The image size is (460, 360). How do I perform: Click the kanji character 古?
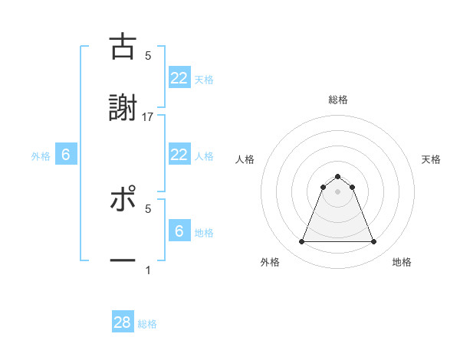(123, 47)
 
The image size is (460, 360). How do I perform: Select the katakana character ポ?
(123, 201)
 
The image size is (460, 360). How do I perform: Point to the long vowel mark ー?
(123, 260)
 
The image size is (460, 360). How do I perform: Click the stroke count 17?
(148, 116)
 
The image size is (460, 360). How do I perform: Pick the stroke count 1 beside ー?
(148, 270)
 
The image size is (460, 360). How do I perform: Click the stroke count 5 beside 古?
(148, 55)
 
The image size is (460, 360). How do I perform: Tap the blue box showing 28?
(123, 322)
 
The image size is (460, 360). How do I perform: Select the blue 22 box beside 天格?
(179, 77)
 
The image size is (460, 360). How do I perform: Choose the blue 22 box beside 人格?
(179, 155)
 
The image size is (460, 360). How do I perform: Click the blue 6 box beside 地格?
(179, 231)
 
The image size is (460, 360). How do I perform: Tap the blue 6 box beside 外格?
(66, 155)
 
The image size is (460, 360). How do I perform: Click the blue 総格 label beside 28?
(147, 324)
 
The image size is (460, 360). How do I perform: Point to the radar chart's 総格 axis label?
(337, 100)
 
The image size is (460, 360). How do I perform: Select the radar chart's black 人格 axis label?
(245, 159)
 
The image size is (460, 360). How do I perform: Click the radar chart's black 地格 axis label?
(402, 262)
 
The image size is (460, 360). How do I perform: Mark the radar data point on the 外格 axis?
(301, 242)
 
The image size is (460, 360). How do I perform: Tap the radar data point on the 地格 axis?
(374, 242)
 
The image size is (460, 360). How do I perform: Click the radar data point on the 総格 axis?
(337, 176)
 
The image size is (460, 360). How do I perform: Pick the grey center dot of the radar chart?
(337, 191)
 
